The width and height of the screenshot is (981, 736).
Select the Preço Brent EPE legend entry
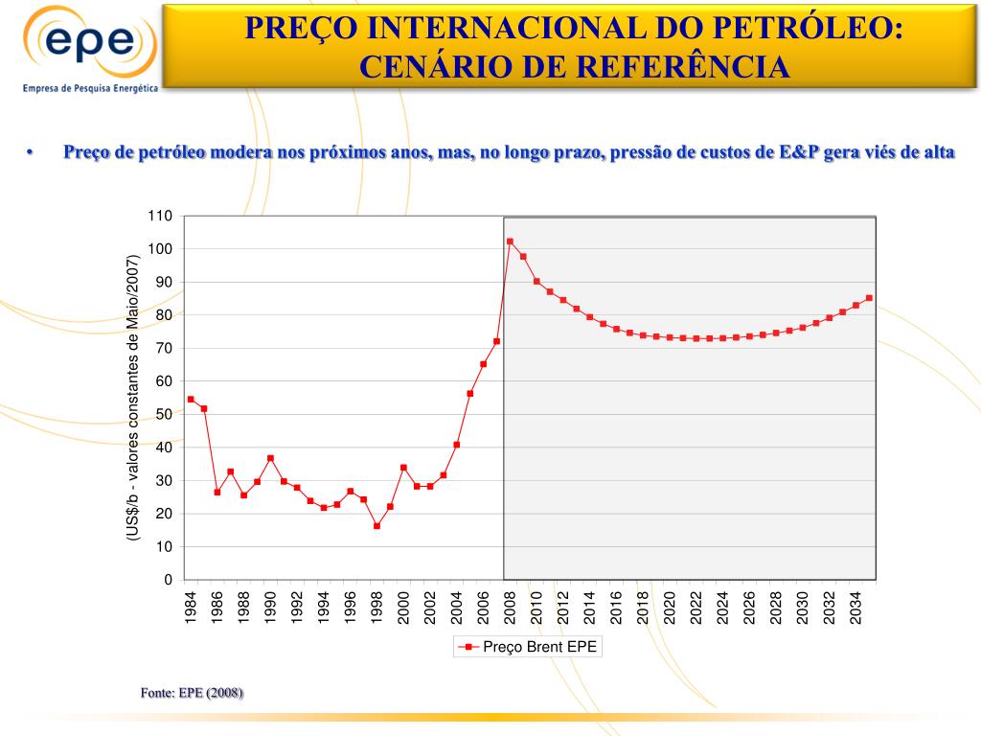529,647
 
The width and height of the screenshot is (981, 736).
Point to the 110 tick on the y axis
160,216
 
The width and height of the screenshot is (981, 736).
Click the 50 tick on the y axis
164,414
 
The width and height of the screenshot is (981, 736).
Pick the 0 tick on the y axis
168,580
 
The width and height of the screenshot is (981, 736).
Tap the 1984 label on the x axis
191,609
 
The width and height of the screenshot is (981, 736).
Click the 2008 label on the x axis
510,609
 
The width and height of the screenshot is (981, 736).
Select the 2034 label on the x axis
856,609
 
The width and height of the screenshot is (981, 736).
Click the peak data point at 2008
510,241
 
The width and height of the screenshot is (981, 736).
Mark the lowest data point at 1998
376,526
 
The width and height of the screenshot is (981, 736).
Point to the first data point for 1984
191,400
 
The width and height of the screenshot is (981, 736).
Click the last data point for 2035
869,298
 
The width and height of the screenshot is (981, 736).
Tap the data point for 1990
270,458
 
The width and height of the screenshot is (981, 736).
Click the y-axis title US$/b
134,398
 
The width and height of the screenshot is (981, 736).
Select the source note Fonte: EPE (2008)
192,692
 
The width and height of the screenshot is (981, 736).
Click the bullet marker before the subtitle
31,153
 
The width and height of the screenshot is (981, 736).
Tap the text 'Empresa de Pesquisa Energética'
89,86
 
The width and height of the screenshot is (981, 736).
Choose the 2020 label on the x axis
670,609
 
